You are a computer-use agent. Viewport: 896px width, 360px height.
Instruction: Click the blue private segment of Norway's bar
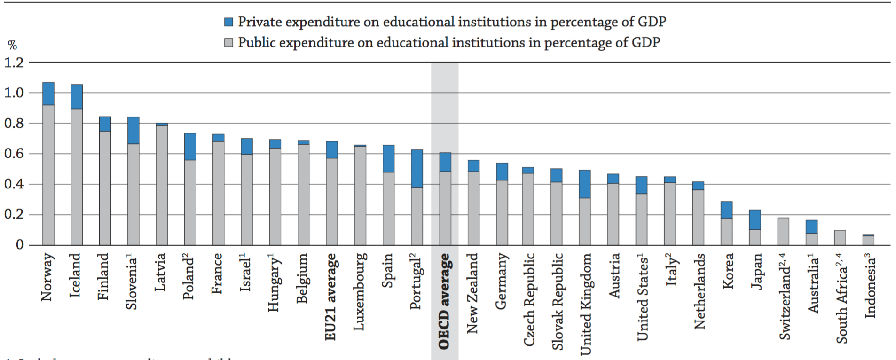[x=48, y=94]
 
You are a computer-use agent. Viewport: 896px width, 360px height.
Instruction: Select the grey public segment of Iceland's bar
[x=77, y=176]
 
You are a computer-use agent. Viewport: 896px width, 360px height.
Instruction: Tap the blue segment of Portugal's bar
[x=417, y=168]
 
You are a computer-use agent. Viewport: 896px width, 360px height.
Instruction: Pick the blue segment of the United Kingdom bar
[x=585, y=184]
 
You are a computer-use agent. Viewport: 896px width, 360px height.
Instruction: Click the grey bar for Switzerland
[x=783, y=231]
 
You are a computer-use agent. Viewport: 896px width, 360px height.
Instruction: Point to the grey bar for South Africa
[x=840, y=237]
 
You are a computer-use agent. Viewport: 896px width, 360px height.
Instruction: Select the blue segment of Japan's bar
[x=755, y=219]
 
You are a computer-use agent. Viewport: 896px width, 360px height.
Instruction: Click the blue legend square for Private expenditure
[x=229, y=22]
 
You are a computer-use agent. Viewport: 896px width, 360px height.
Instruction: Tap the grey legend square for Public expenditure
[x=229, y=43]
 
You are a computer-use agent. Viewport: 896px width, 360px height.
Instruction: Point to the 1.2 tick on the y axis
[x=14, y=63]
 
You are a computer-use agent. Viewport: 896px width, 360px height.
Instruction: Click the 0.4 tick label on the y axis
[x=14, y=184]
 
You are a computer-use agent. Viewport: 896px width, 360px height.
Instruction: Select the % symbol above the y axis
[x=12, y=46]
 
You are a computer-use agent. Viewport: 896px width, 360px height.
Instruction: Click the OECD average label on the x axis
[x=444, y=301]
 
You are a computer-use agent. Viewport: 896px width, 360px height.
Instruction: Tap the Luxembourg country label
[x=360, y=291]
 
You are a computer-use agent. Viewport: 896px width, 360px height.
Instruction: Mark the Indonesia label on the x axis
[x=871, y=285]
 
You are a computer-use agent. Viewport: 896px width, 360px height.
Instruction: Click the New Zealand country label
[x=472, y=293]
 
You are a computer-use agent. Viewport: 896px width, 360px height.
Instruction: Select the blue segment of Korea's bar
[x=727, y=210]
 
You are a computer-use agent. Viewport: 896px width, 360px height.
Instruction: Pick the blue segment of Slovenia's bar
[x=134, y=130]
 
